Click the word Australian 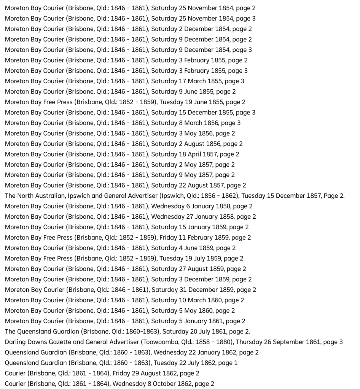click(52, 196)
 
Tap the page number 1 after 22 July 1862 click(236, 363)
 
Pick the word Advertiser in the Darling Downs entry click(124, 342)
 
